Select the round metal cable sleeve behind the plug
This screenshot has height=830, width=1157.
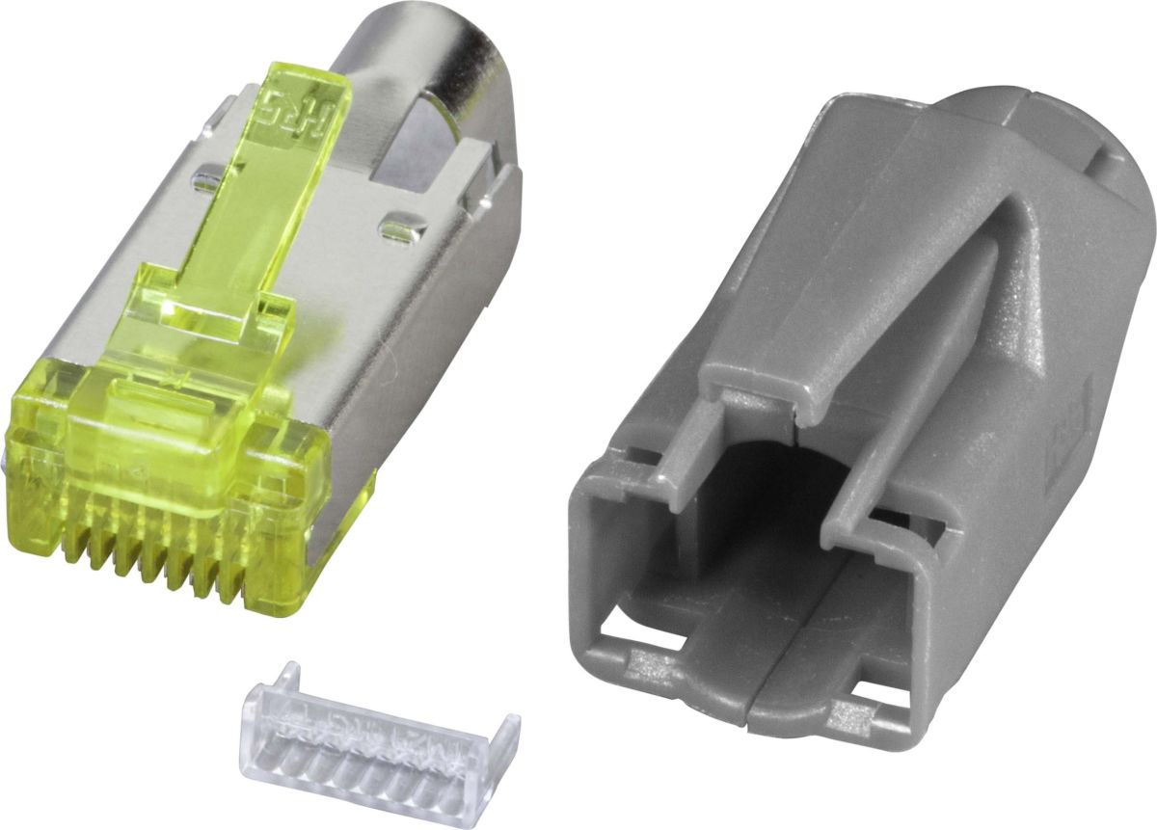424,58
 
